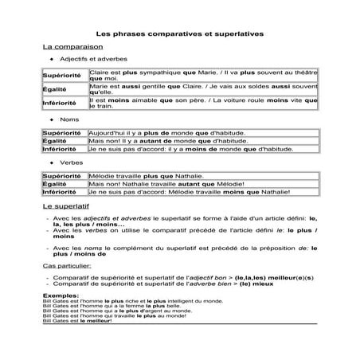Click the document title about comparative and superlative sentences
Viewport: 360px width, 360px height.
pos(179,34)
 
